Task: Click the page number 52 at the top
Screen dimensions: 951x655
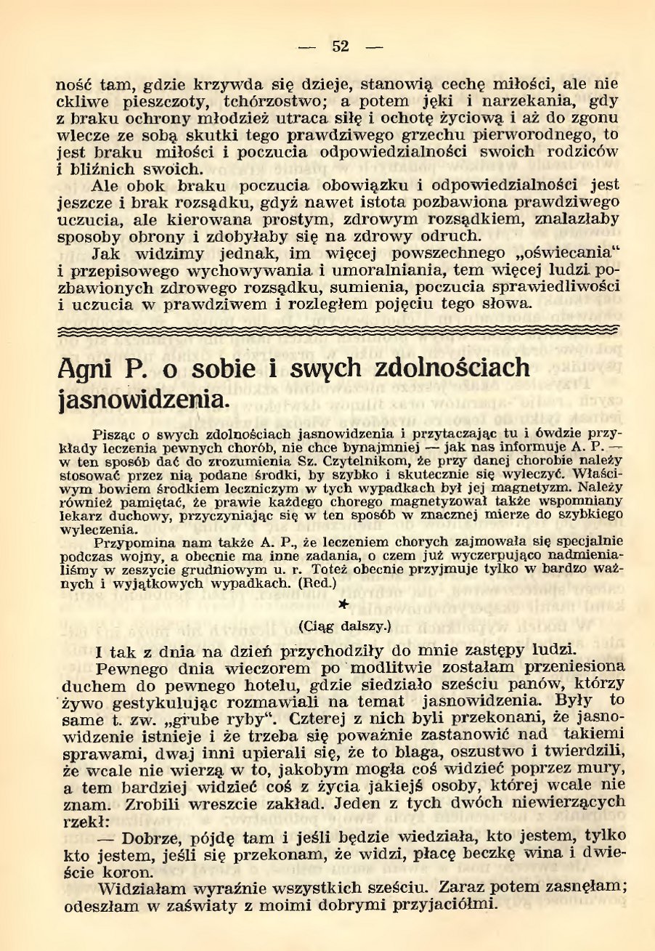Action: pyautogui.click(x=341, y=46)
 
